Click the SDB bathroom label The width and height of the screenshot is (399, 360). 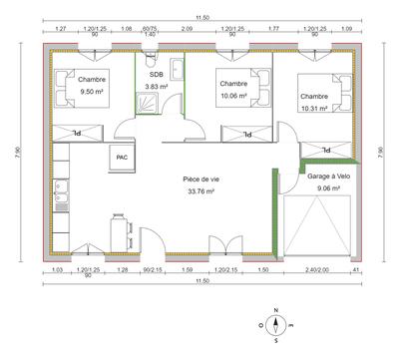[156, 75]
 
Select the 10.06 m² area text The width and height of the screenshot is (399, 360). [232, 96]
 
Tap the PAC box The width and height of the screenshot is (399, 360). [122, 156]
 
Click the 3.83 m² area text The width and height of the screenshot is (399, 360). [156, 87]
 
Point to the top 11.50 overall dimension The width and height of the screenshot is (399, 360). [203, 17]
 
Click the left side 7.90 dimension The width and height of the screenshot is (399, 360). [18, 151]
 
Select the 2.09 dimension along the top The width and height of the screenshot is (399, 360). [187, 30]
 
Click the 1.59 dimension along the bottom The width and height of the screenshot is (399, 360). [187, 269]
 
